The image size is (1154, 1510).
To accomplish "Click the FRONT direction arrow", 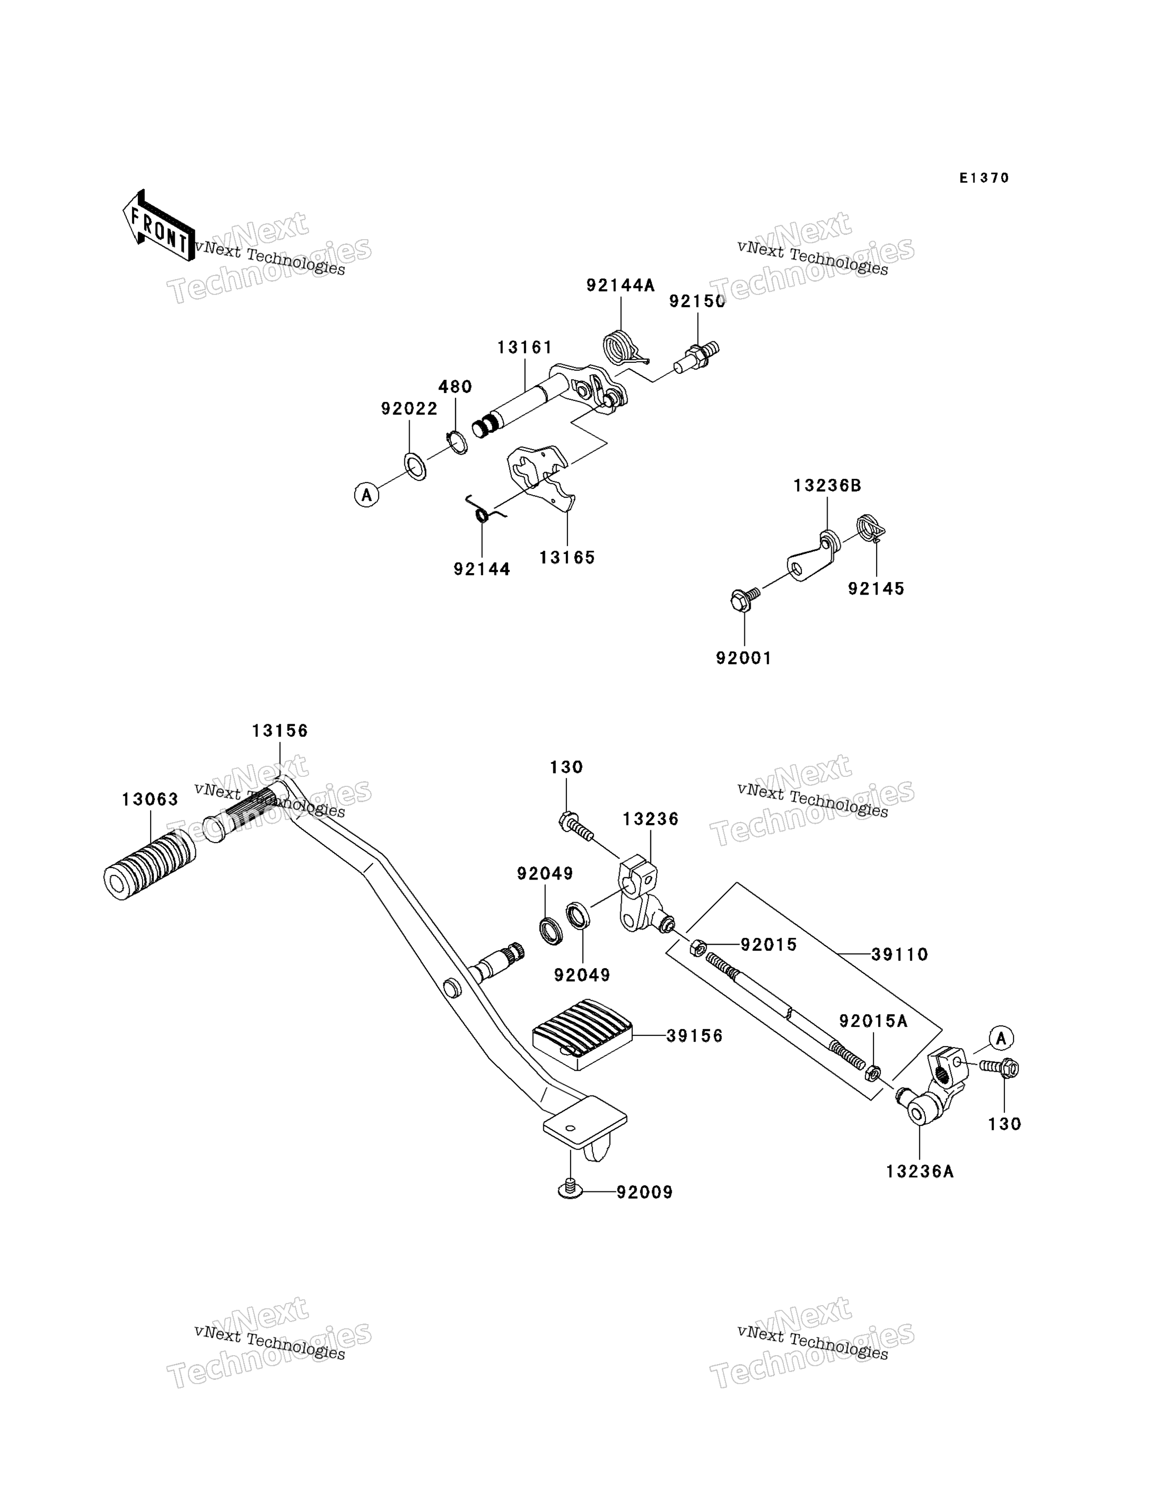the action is (158, 226).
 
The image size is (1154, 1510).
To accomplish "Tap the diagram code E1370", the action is (984, 178).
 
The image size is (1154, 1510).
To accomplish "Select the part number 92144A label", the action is (620, 285).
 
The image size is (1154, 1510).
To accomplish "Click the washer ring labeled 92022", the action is (415, 466).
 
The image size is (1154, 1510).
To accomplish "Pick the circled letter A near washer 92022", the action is (367, 495).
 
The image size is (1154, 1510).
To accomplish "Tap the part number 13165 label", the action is (566, 557).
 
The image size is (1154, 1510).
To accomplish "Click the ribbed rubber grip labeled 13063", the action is (150, 864).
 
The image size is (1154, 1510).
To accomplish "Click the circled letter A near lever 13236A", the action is (1001, 1038).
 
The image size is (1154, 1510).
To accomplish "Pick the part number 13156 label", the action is (280, 731).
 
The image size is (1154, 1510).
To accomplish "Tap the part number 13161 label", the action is (525, 348).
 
